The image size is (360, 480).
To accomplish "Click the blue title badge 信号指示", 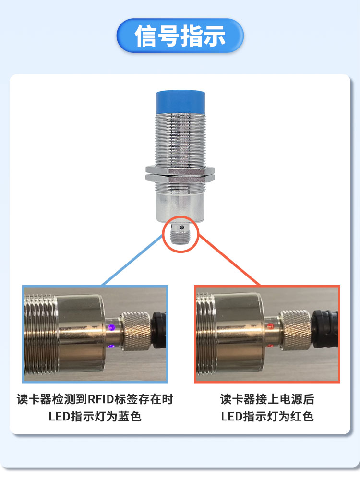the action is click(180, 36).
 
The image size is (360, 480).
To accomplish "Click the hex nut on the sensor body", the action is click(180, 174).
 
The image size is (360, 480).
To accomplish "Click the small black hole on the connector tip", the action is click(182, 228).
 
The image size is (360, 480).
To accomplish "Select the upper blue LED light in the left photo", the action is click(112, 327).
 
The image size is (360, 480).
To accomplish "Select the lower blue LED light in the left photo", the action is click(111, 346).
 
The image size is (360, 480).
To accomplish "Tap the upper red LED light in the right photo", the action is click(270, 326).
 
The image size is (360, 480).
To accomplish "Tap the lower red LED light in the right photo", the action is click(270, 346).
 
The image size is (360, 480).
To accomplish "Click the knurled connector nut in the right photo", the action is click(295, 330).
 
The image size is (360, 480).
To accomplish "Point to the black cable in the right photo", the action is click(324, 329).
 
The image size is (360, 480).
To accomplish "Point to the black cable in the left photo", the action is click(158, 330).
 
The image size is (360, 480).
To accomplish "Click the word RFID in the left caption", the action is click(101, 399).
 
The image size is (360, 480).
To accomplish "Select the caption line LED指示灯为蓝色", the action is click(95, 416).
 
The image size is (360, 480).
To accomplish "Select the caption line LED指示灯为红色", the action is click(267, 416).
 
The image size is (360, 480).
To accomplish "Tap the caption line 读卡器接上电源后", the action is click(267, 399).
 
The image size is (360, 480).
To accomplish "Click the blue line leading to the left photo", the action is click(132, 260).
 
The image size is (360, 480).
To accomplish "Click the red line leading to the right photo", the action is click(229, 260).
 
